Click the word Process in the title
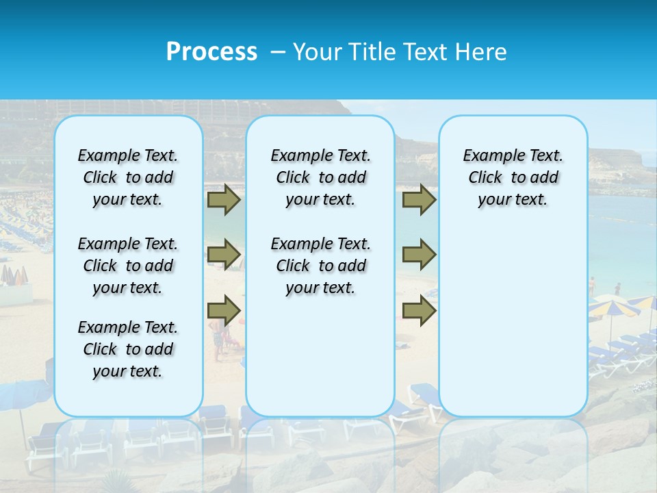tap(211, 52)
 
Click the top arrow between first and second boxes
tap(224, 200)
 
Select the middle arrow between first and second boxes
tap(224, 255)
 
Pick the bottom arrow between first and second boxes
tap(224, 311)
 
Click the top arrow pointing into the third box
tap(419, 200)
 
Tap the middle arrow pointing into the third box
tap(419, 255)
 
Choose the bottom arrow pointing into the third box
tap(419, 311)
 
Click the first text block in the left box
tap(128, 177)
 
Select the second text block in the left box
tap(128, 266)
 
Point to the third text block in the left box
tap(128, 349)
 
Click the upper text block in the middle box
tap(320, 177)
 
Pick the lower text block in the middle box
tap(320, 266)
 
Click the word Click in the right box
tap(485, 178)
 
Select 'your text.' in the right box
tap(513, 200)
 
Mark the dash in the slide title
tap(277, 52)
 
